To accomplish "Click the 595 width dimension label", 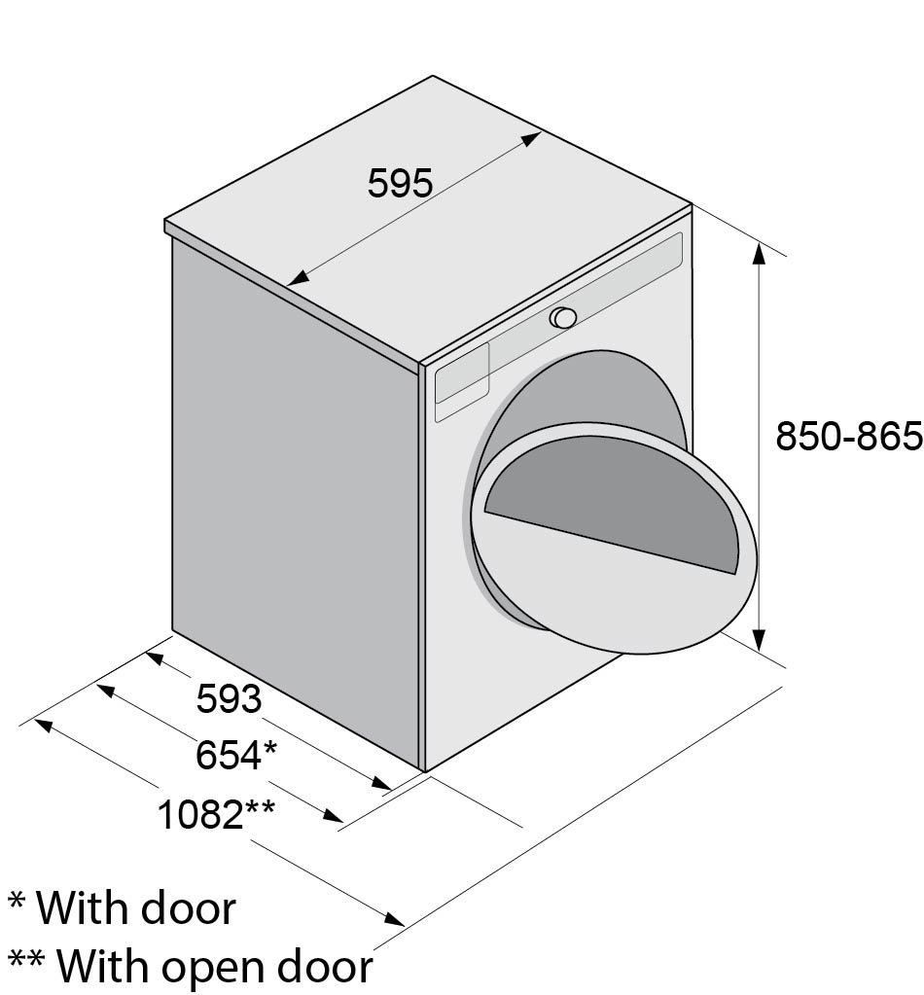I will [x=400, y=183].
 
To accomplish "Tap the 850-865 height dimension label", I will [x=847, y=437].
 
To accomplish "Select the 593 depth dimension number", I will [x=230, y=698].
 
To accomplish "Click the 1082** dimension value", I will [x=216, y=813].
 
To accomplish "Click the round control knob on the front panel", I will [x=562, y=317].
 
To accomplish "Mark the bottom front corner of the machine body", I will [x=425, y=770].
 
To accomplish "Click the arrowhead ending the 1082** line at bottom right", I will [x=394, y=917].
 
